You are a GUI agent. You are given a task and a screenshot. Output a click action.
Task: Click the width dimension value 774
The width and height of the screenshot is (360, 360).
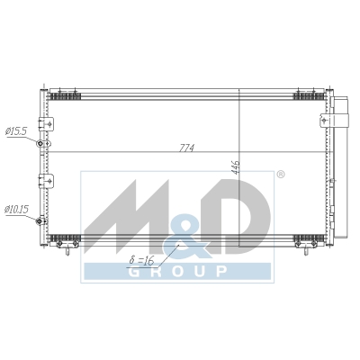[186, 148]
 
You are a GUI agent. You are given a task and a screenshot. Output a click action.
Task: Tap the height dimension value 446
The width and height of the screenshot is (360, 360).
[236, 167]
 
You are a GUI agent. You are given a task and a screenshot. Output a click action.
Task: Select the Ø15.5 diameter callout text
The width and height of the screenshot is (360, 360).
[16, 131]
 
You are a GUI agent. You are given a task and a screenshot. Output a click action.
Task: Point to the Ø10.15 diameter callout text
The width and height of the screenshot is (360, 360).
[17, 210]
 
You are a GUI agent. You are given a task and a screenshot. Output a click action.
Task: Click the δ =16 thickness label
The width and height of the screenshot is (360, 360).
[141, 260]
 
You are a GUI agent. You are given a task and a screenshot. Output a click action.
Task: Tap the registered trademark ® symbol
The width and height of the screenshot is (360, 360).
[280, 175]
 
